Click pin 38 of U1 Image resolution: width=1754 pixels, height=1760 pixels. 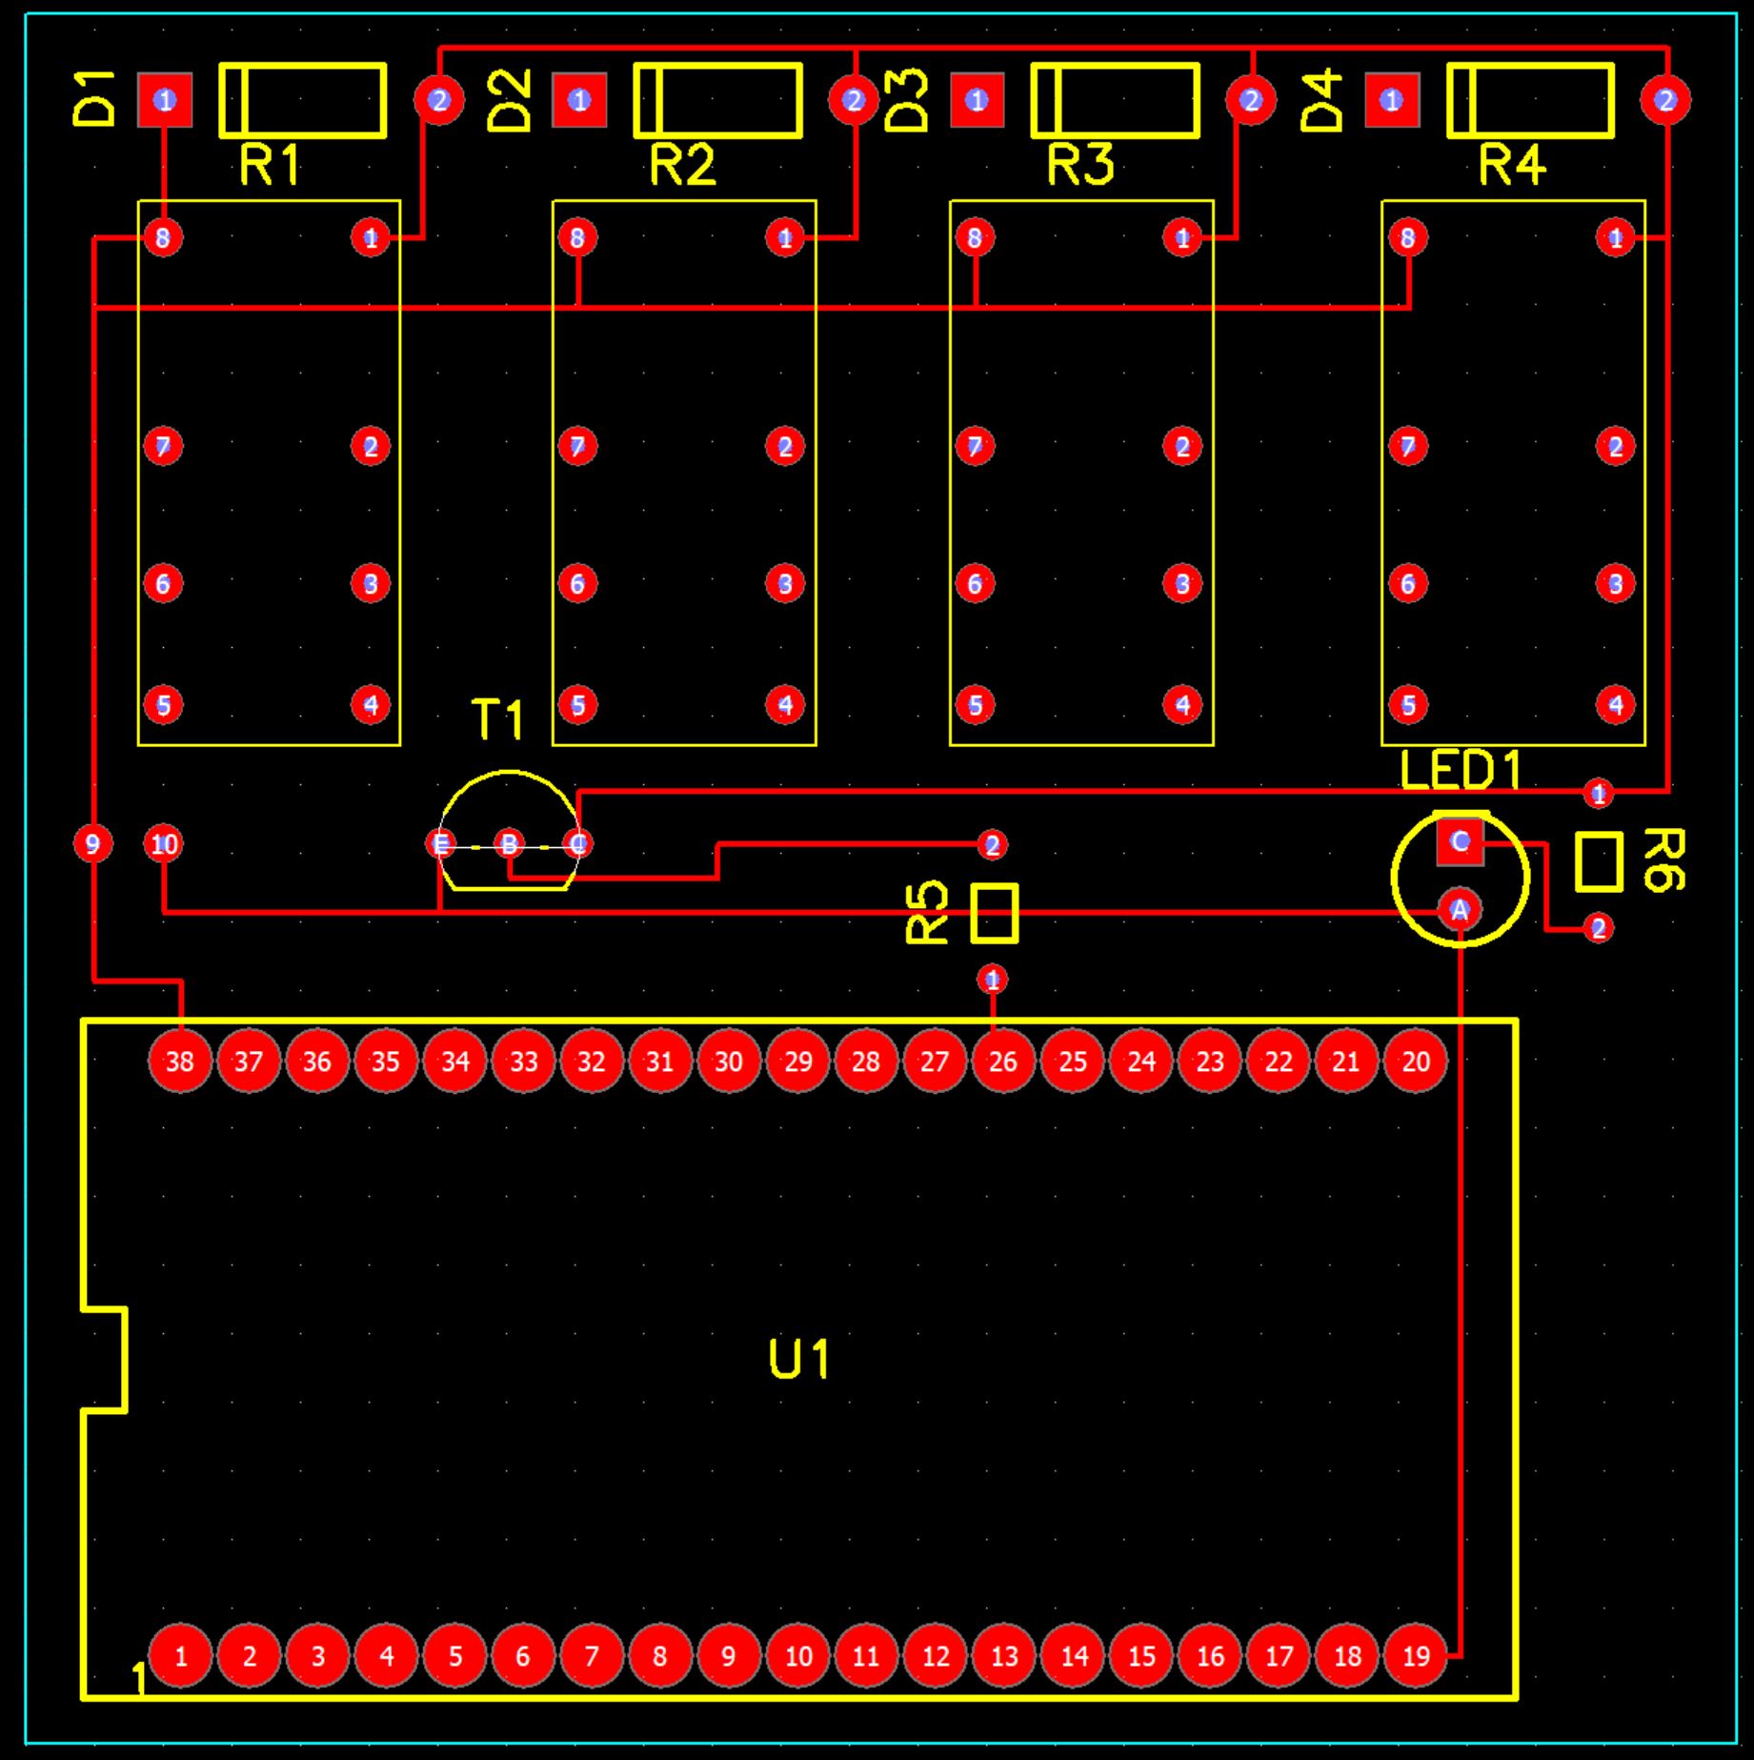(x=180, y=1061)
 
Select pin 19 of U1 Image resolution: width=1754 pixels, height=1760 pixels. (x=1416, y=1655)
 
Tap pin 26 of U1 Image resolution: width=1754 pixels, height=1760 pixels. (x=1002, y=1061)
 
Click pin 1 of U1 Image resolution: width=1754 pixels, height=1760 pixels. (x=180, y=1655)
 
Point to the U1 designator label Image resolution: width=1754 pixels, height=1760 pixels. (x=798, y=1359)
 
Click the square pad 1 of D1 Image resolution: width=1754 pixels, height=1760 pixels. (x=165, y=100)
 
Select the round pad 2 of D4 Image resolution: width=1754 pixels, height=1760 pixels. (x=1665, y=100)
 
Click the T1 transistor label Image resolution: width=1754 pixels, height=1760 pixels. (x=497, y=720)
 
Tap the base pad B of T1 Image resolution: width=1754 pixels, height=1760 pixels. (x=510, y=843)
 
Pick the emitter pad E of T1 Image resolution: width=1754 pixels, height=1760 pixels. (x=440, y=843)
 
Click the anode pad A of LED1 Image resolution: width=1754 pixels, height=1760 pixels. (x=1459, y=910)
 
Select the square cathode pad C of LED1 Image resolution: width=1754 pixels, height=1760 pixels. (x=1460, y=841)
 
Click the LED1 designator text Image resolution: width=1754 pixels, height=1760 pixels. (x=1460, y=770)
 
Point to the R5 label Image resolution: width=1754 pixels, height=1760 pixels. (x=927, y=912)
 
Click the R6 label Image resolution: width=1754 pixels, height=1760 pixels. (x=1663, y=860)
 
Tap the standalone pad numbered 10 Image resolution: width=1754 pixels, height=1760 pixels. (x=164, y=843)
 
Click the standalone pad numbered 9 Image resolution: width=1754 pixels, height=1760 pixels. (x=92, y=843)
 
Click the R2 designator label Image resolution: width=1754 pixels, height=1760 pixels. (x=682, y=165)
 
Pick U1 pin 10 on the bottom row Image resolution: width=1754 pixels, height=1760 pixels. (x=797, y=1655)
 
